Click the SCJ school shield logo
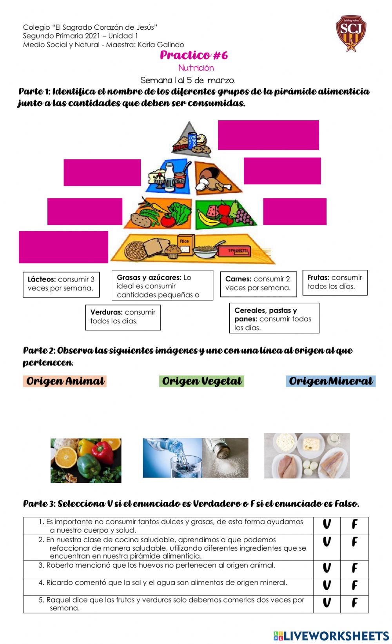tap(351, 33)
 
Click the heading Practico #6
tap(194, 55)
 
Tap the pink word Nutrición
tap(196, 68)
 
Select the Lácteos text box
tap(61, 284)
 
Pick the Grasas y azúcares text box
tap(162, 286)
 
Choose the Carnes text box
tap(258, 283)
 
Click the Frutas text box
tap(335, 282)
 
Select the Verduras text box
tap(123, 317)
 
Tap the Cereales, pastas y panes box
tap(274, 318)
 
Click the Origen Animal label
tap(65, 381)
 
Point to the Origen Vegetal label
tap(201, 381)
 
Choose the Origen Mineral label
tap(330, 381)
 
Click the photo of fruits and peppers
tap(86, 460)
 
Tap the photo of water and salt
tap(195, 458)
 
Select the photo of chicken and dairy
tap(307, 456)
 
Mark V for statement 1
tap(327, 524)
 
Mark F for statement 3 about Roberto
tap(354, 568)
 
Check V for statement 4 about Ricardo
tap(327, 586)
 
